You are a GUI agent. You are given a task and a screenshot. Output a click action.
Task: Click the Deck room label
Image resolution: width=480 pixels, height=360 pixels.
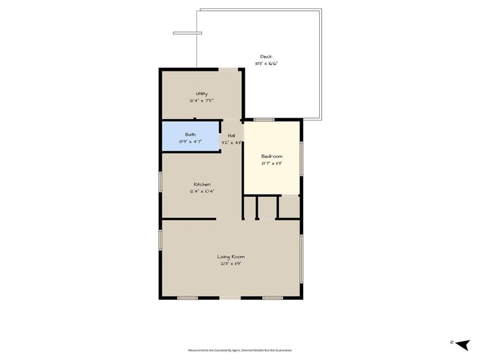pyautogui.click(x=266, y=56)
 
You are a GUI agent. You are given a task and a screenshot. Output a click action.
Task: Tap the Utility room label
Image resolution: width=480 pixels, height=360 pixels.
pyautogui.click(x=202, y=94)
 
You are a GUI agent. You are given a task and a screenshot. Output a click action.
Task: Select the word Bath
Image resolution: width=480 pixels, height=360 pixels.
pyautogui.click(x=190, y=134)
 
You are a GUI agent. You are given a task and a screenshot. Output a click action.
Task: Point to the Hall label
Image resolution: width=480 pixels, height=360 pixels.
pyautogui.click(x=231, y=136)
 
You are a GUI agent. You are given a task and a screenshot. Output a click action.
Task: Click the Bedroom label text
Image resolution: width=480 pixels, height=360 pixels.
pyautogui.click(x=271, y=156)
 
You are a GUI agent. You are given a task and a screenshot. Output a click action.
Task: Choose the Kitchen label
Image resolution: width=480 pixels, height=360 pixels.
pyautogui.click(x=202, y=184)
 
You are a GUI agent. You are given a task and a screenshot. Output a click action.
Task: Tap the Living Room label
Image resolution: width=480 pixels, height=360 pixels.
pyautogui.click(x=230, y=257)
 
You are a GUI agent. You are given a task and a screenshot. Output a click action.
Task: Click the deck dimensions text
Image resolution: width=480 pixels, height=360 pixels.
pyautogui.click(x=266, y=63)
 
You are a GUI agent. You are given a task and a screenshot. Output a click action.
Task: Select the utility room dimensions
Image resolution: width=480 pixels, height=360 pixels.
pyautogui.click(x=202, y=101)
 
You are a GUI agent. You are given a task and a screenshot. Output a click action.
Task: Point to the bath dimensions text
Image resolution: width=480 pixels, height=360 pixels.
pyautogui.click(x=190, y=142)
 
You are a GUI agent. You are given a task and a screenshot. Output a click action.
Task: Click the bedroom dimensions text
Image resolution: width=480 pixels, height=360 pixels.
pyautogui.click(x=271, y=163)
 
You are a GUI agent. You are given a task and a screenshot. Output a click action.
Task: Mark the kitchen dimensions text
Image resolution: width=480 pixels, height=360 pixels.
pyautogui.click(x=202, y=191)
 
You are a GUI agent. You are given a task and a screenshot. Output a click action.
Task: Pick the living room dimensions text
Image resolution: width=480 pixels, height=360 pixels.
pyautogui.click(x=230, y=263)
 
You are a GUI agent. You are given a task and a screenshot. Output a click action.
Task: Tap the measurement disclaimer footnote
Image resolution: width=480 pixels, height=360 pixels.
pyautogui.click(x=240, y=350)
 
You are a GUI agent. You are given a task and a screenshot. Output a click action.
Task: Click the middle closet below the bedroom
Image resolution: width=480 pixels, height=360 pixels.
pyautogui.click(x=268, y=208)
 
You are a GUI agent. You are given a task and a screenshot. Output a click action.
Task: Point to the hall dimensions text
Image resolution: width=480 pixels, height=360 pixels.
pyautogui.click(x=231, y=143)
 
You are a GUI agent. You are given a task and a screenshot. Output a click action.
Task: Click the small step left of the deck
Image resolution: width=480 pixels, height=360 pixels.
pyautogui.click(x=183, y=33)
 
